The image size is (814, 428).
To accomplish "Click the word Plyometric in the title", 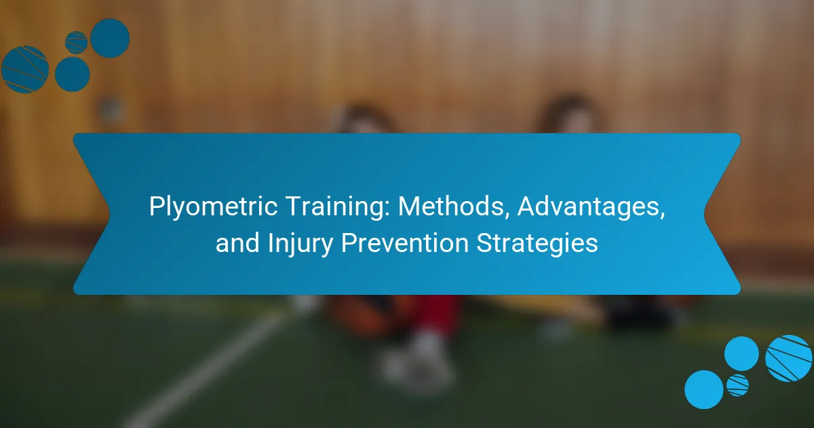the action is (213, 207).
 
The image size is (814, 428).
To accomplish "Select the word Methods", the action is (451, 206).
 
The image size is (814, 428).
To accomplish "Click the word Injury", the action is (300, 244).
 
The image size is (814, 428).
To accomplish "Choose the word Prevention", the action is (405, 243).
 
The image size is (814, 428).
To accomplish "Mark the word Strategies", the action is (537, 244).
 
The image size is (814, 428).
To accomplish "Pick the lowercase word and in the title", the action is (237, 243).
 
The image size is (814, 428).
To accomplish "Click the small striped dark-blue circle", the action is (76, 43).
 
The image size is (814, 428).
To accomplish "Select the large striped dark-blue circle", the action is (25, 69).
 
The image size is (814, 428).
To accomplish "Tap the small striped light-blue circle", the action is (738, 385).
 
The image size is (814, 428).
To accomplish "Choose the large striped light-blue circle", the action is (788, 358).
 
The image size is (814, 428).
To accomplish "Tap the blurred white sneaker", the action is (418, 364).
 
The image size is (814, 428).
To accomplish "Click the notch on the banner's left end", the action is (109, 214).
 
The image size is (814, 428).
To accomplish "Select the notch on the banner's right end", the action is (704, 214).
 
